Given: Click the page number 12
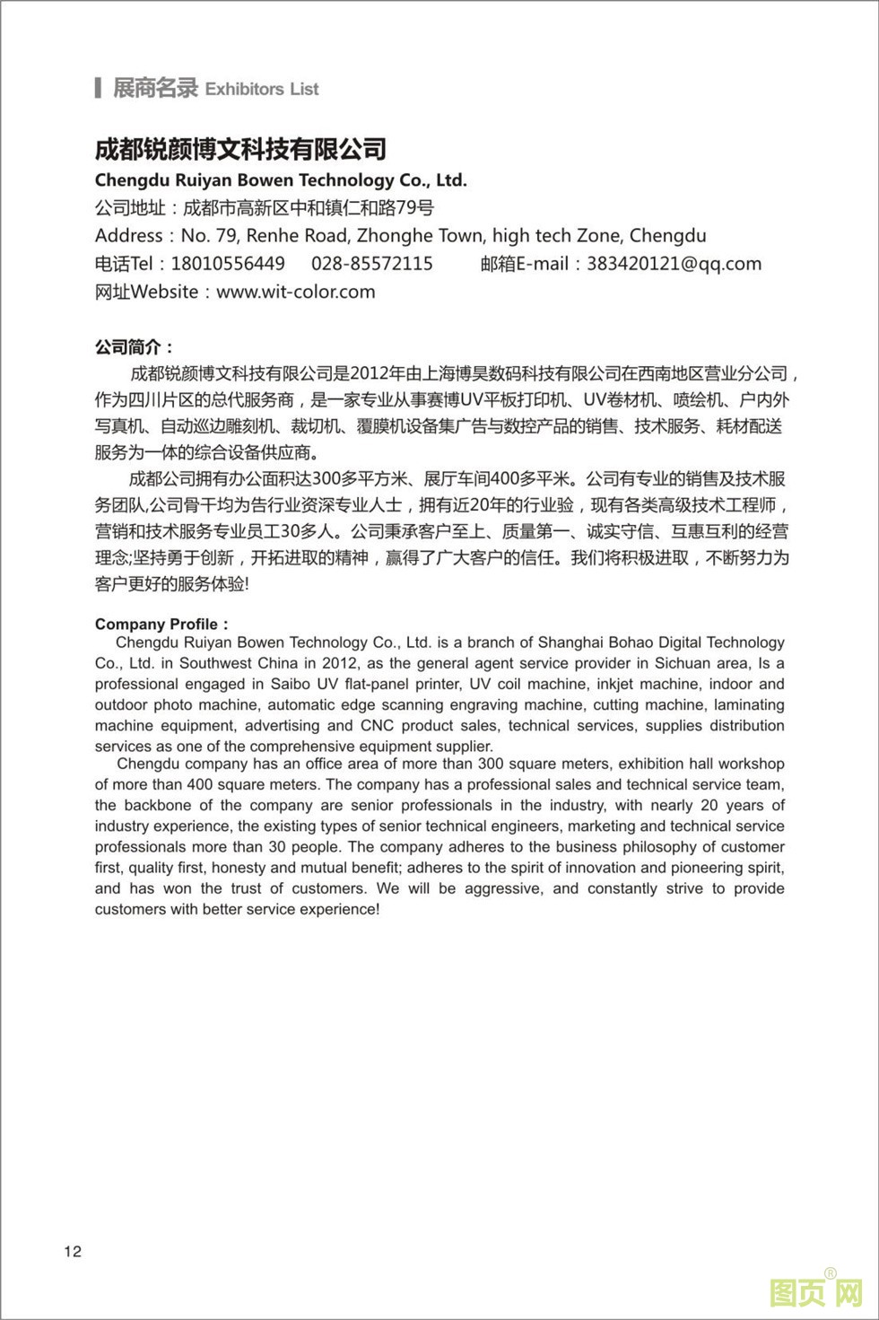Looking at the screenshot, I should click(73, 1252).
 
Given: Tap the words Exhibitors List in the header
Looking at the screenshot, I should click(262, 89).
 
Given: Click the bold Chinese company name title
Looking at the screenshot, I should click(240, 149).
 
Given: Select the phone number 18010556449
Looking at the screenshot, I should click(228, 264).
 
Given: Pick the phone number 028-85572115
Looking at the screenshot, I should click(372, 264).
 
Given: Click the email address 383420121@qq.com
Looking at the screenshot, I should click(674, 264).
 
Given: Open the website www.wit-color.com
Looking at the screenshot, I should click(296, 292).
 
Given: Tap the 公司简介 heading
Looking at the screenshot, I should click(134, 346).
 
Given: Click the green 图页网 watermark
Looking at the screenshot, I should click(815, 1293).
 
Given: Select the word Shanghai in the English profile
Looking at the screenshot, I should click(569, 643).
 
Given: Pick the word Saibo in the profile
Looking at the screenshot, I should click(291, 684).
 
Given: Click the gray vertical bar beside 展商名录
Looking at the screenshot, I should click(98, 88).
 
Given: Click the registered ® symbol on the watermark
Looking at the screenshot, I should click(831, 1273).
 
